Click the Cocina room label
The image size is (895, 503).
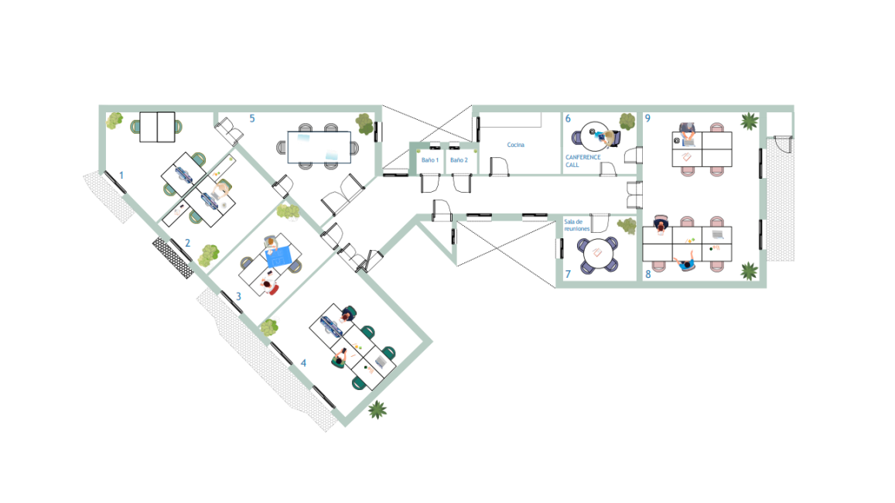(515, 145)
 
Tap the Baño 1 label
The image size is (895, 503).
(430, 160)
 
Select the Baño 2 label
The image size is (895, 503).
(459, 160)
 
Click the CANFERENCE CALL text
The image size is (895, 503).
(582, 161)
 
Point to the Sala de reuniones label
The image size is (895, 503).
(576, 225)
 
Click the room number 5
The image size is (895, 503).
(251, 118)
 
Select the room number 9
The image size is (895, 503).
(647, 118)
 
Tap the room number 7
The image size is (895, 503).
(568, 274)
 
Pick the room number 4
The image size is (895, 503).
(303, 363)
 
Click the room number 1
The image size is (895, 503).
(121, 176)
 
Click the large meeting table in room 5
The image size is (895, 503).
(319, 147)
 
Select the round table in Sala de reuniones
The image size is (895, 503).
(597, 253)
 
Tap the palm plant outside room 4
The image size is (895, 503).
(377, 409)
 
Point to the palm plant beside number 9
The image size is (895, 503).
(749, 121)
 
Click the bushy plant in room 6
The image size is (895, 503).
(627, 121)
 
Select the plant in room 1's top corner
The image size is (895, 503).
(114, 121)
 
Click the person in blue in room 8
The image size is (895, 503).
(685, 262)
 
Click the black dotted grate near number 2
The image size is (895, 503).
(173, 258)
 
